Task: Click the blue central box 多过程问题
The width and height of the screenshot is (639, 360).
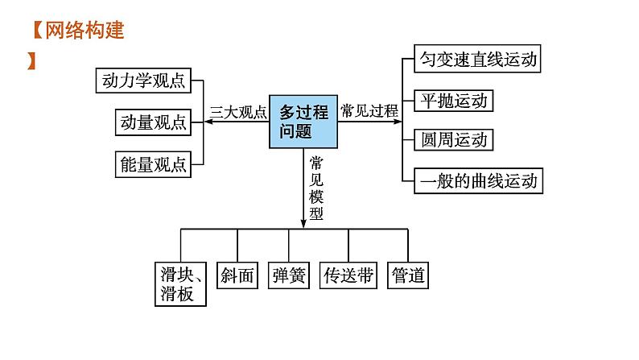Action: pyautogui.click(x=303, y=120)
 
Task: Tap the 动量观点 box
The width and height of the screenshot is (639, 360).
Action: pyautogui.click(x=153, y=122)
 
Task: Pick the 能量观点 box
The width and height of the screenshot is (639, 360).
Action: pyautogui.click(x=153, y=164)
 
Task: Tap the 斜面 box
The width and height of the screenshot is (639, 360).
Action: pyautogui.click(x=237, y=276)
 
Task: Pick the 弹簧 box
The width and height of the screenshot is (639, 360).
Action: pyautogui.click(x=289, y=276)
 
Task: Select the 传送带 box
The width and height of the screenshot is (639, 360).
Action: pyautogui.click(x=348, y=276)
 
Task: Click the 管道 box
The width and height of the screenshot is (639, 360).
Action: pyautogui.click(x=407, y=276)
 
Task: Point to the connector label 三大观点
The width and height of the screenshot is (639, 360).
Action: pyautogui.click(x=238, y=113)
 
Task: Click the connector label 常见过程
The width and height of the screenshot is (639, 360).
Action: pyautogui.click(x=369, y=111)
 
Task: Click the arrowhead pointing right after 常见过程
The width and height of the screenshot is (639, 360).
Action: pyautogui.click(x=401, y=121)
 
